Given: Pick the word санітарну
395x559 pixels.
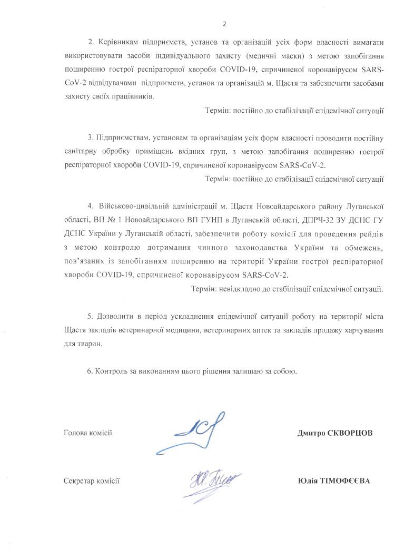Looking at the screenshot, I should pyautogui.click(x=80, y=152).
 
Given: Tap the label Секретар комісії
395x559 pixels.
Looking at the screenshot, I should pyautogui.click(x=91, y=480).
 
